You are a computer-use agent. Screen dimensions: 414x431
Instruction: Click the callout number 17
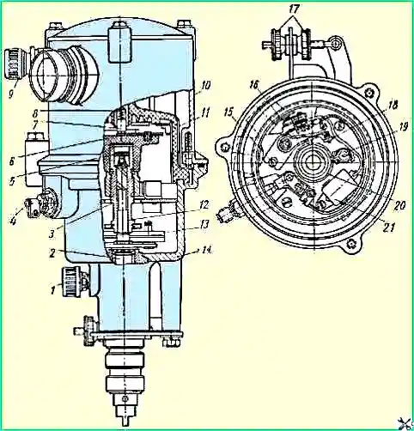tap(294, 9)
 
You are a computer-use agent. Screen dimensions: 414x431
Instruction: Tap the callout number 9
tap(11, 94)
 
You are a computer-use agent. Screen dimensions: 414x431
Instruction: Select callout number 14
tap(206, 250)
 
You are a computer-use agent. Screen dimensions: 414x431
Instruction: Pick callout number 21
tap(389, 228)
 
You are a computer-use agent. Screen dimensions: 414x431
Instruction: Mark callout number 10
tap(206, 85)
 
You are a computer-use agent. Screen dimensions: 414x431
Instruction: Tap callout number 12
tap(204, 205)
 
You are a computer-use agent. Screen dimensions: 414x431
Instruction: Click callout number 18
tap(393, 105)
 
